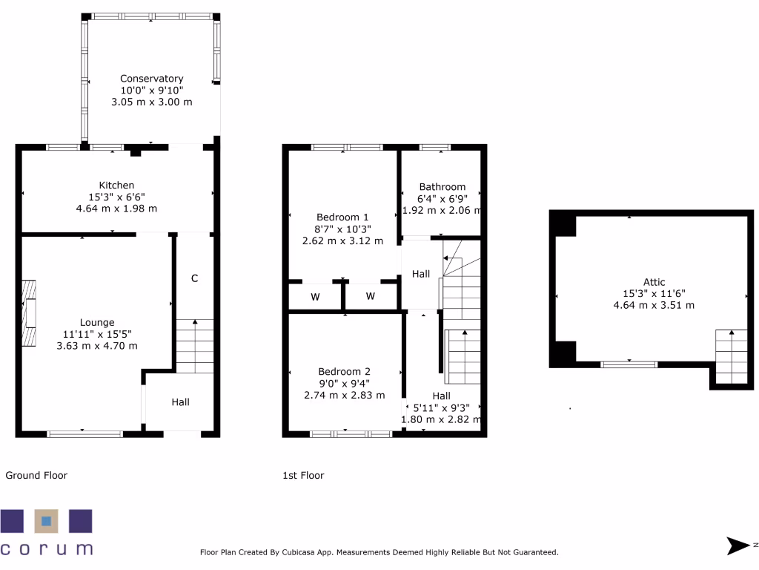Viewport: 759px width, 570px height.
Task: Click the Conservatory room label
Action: (x=151, y=79)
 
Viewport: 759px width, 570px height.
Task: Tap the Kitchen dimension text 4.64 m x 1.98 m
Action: (x=117, y=209)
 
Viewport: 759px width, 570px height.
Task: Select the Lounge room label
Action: (x=97, y=323)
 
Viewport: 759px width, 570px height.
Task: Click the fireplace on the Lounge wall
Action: (x=28, y=313)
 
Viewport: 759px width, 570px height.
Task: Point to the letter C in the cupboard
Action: (x=194, y=279)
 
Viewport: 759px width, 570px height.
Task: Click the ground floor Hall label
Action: (x=180, y=402)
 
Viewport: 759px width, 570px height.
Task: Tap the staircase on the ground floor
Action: (x=195, y=346)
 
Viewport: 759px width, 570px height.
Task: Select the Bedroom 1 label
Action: (x=342, y=217)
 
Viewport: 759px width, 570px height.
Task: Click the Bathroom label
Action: (x=442, y=187)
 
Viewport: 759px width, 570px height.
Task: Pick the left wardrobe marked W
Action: (x=314, y=297)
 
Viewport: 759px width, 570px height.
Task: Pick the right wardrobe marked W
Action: (x=371, y=297)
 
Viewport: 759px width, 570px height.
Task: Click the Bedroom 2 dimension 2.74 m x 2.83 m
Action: (x=344, y=396)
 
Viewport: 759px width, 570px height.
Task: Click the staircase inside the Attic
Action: (x=731, y=356)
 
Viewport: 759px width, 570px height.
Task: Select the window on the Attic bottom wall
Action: (x=629, y=364)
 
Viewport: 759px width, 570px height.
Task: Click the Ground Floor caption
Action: (x=36, y=476)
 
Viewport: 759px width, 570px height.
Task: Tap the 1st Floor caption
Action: (x=303, y=476)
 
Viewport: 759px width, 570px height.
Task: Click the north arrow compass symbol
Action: (x=739, y=546)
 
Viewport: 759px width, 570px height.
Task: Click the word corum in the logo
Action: (x=46, y=549)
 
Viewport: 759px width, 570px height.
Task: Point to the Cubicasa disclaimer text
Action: (x=379, y=552)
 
